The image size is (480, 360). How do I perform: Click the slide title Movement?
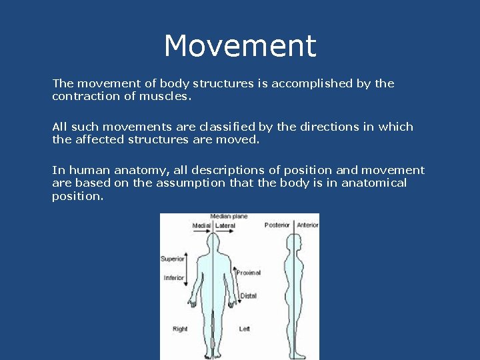[x=240, y=46]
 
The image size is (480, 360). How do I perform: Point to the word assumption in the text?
[x=191, y=183]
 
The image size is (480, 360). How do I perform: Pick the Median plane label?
[x=229, y=217]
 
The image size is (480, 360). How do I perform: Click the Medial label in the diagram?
[x=201, y=225]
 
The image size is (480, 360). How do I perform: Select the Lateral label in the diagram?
[x=225, y=225]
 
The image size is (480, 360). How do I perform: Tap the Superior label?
[x=172, y=259]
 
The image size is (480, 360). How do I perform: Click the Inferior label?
[x=173, y=278]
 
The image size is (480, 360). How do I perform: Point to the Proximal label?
[x=248, y=273]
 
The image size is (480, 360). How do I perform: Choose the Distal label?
[x=248, y=295]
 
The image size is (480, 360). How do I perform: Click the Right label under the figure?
[x=180, y=329]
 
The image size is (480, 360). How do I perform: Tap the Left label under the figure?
[x=244, y=329]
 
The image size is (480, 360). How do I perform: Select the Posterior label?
[x=277, y=225]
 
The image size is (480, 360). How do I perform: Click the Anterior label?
[x=307, y=225]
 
